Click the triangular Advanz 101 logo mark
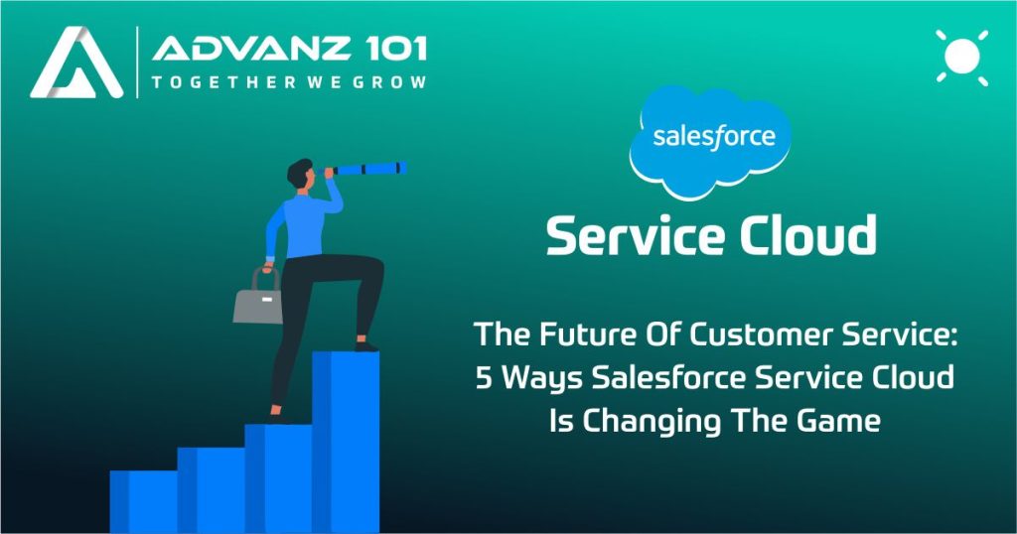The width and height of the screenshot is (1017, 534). (76, 64)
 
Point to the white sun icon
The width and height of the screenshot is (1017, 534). (961, 57)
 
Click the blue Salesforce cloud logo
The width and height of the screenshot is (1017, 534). (710, 141)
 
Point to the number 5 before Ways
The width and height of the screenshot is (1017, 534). (484, 378)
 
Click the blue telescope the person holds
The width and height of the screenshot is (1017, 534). (364, 169)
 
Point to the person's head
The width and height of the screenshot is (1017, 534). (301, 173)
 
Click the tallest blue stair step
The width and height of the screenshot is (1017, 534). (346, 442)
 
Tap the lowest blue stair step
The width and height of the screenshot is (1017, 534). (143, 501)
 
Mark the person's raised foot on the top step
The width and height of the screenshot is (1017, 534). (366, 346)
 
